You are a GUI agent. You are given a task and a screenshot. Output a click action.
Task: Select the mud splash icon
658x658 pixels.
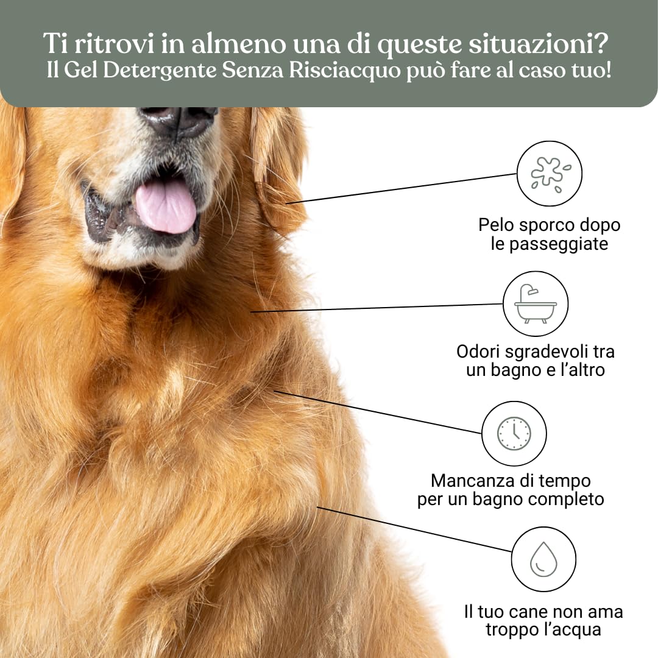click(550, 174)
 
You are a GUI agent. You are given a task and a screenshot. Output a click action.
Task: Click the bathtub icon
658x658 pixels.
click(535, 303)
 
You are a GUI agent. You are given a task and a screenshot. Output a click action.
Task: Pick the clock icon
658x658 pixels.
click(514, 433)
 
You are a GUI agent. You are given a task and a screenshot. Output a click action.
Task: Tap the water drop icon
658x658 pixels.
click(543, 559)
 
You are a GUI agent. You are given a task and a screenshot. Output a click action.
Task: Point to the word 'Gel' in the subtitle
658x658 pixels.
click(80, 70)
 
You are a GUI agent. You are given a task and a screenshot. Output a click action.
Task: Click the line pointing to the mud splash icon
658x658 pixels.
click(402, 188)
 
